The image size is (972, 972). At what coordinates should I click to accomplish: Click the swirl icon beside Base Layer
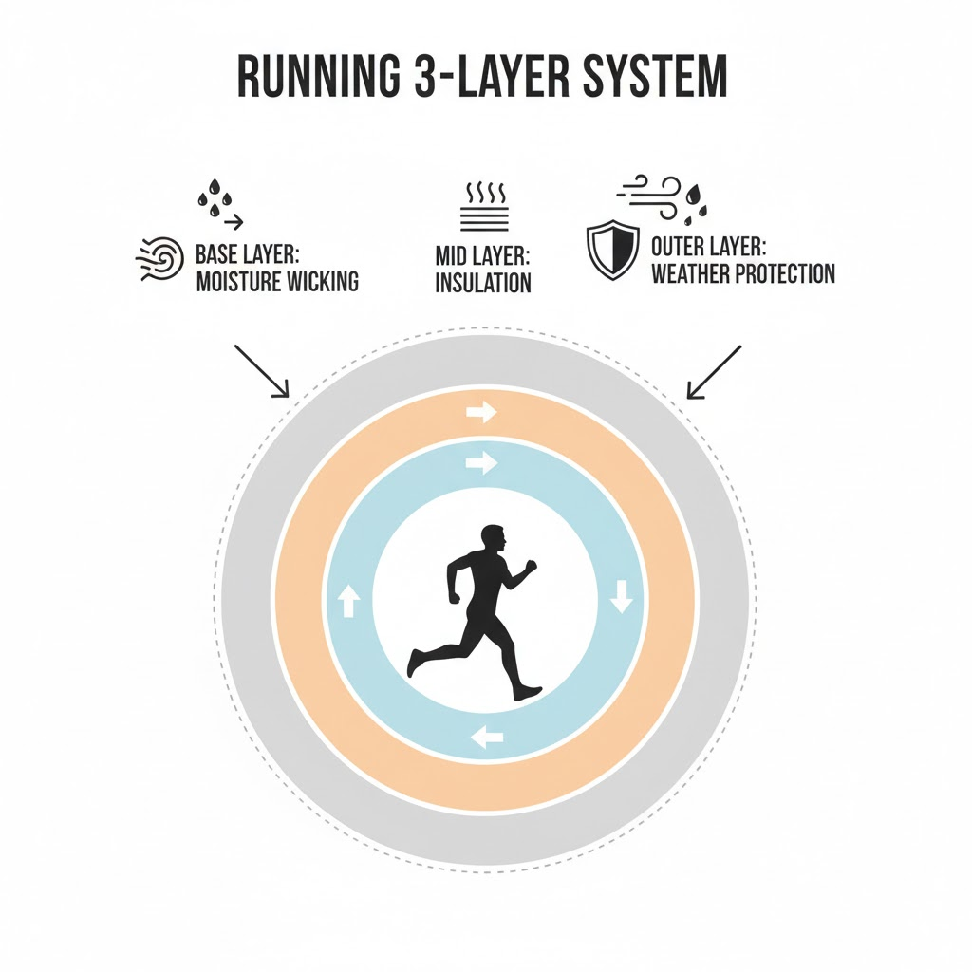[x=159, y=257]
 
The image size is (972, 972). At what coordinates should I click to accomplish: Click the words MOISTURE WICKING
[x=276, y=282]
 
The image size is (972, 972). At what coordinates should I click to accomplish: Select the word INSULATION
[x=483, y=283]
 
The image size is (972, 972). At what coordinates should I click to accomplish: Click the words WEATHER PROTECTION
[x=743, y=274]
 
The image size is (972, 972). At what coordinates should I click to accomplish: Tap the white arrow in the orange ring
[x=482, y=413]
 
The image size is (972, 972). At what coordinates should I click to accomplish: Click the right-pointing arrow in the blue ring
[x=482, y=463]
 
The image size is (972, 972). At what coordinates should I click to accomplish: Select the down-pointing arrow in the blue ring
[x=622, y=598]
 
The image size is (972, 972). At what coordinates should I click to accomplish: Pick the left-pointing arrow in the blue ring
[x=487, y=736]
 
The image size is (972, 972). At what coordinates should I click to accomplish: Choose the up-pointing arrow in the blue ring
[x=347, y=601]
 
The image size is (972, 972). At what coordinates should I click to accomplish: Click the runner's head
[x=494, y=541]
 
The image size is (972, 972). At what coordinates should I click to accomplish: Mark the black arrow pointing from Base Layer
[x=261, y=371]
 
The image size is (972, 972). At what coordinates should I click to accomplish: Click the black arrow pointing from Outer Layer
[x=714, y=371]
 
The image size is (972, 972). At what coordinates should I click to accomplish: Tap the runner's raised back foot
[x=416, y=662]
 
